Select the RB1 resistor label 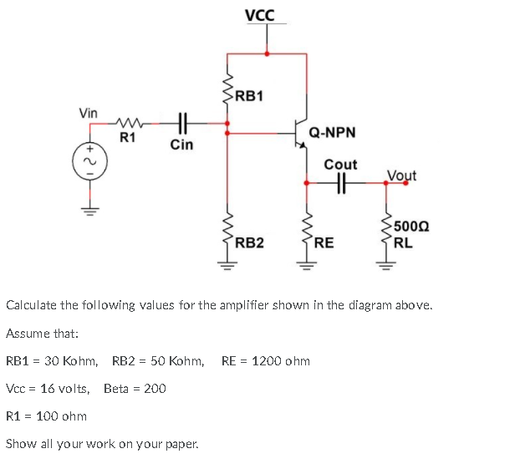248,95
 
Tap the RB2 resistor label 248,243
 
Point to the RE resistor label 324,243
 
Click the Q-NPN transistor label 332,132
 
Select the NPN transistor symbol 300,130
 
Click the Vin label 88,112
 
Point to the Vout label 401,176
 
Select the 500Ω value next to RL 410,226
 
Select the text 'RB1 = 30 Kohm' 52,361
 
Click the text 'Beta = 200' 135,388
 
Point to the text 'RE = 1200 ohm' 265,361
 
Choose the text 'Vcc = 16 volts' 48,388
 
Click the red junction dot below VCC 267,54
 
